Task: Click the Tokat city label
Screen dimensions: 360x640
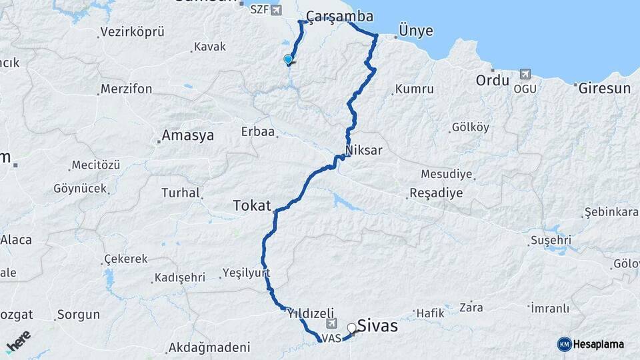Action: [x=253, y=206]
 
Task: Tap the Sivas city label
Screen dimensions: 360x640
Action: [x=377, y=326]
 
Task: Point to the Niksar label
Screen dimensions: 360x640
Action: [x=364, y=150]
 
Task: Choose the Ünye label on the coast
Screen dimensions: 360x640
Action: [x=415, y=31]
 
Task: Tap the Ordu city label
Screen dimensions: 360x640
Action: [x=492, y=81]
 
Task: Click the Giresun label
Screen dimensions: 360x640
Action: [x=605, y=88]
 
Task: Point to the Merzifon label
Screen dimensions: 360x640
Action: [x=127, y=89]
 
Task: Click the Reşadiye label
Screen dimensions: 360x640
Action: [x=435, y=193]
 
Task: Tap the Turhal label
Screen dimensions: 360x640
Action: [x=181, y=193]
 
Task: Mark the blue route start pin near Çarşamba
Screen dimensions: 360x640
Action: [x=288, y=59]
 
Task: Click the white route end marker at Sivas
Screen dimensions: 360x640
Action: [x=351, y=328]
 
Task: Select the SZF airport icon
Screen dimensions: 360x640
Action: [x=276, y=10]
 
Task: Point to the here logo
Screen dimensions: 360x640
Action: [x=19, y=341]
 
